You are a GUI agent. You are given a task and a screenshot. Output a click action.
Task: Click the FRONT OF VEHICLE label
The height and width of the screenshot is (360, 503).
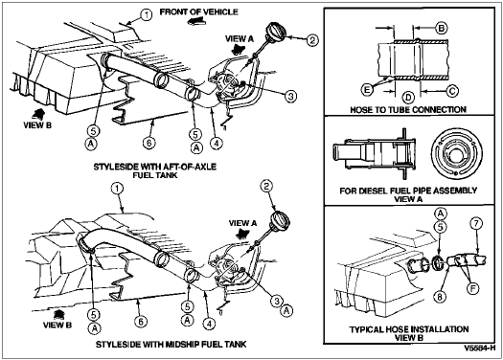(199, 12)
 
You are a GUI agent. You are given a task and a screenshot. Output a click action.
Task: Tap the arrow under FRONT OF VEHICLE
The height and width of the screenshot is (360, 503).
(197, 21)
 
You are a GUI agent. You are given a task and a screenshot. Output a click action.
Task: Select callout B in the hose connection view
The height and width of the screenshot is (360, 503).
(442, 28)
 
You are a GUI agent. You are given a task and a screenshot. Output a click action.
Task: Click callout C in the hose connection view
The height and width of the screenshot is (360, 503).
(452, 91)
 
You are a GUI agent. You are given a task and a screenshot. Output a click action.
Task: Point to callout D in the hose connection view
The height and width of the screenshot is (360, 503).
(408, 97)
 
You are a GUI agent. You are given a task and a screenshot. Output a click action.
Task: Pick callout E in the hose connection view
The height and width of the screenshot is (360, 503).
(367, 89)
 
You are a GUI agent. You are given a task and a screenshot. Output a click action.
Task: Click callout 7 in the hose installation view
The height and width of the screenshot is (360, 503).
(476, 223)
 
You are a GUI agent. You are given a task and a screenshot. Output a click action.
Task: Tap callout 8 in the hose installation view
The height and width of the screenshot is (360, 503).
(440, 297)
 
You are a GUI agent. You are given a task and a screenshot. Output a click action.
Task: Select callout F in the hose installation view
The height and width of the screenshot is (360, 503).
(472, 288)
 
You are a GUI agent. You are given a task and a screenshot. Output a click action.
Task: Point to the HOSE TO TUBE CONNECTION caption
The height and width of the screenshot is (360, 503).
(408, 110)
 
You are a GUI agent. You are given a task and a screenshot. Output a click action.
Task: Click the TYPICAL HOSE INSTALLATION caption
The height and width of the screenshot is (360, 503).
(409, 329)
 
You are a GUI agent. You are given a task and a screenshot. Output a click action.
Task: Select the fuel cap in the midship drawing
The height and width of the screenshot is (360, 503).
(280, 220)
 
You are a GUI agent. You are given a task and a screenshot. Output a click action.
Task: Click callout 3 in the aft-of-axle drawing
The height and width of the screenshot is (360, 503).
(290, 96)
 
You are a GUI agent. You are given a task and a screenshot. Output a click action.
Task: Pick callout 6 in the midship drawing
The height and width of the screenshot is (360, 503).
(142, 321)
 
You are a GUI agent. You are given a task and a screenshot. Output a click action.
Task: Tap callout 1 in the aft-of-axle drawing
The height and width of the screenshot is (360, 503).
(147, 15)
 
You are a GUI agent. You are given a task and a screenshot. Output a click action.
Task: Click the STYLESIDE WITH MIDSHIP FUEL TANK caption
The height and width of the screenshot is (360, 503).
(171, 345)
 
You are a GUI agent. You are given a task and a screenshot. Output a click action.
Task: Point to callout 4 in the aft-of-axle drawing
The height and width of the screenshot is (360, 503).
(217, 143)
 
